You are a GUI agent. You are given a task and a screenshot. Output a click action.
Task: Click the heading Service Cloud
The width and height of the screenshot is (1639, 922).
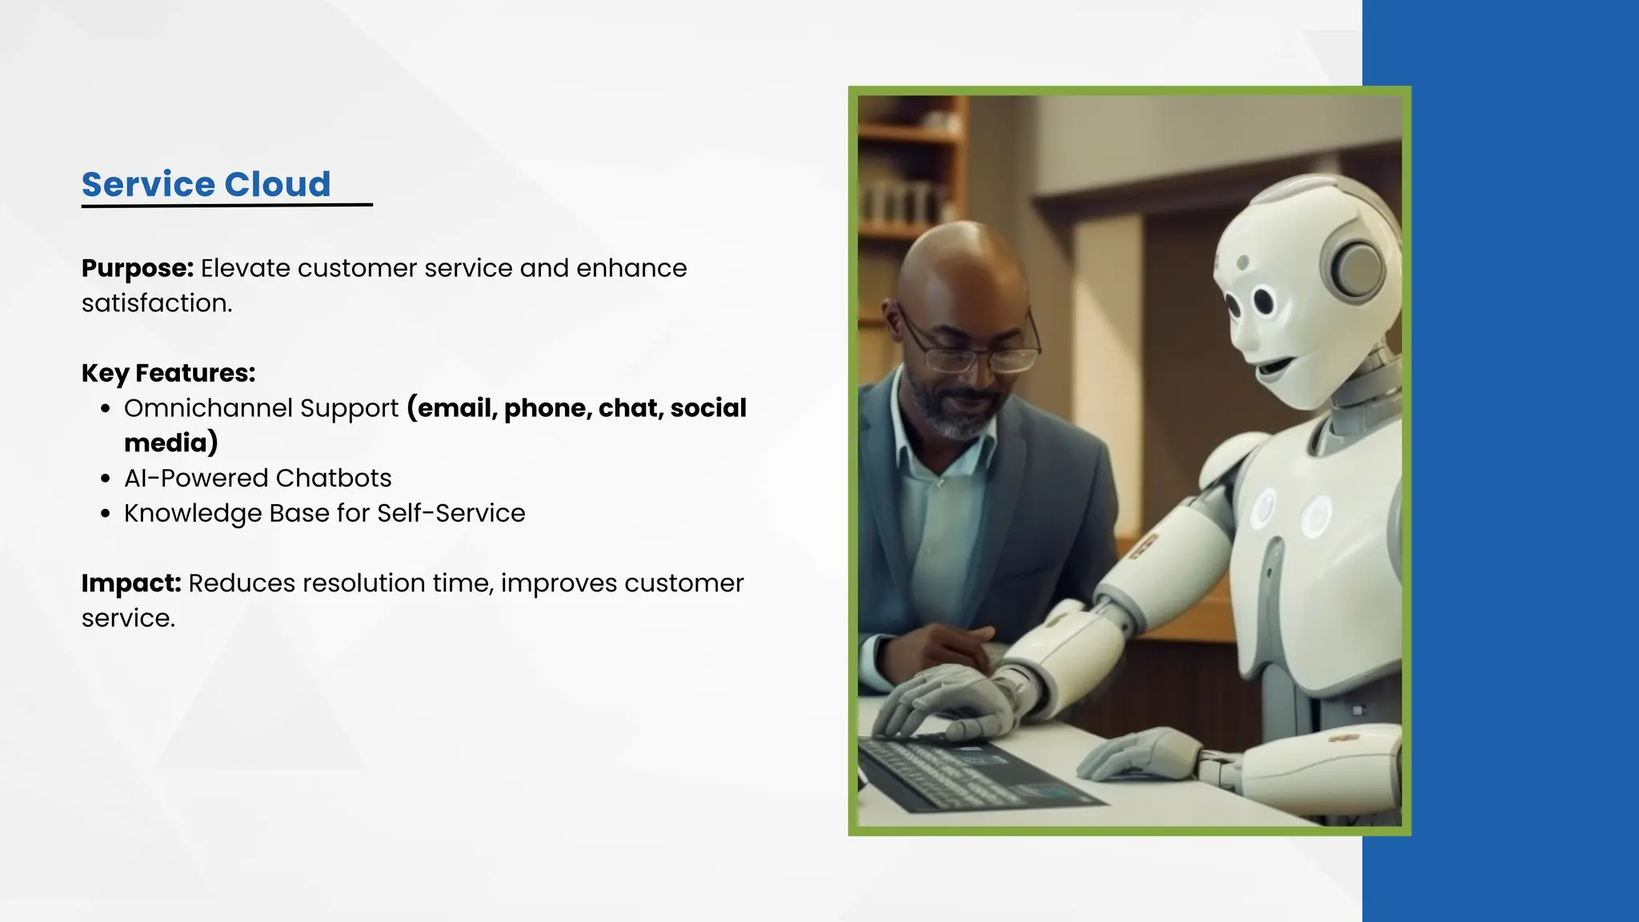tap(206, 184)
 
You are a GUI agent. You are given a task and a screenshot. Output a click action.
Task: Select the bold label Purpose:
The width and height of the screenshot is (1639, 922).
tap(138, 268)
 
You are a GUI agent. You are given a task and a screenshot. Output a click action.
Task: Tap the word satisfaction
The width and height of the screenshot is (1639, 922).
tap(156, 303)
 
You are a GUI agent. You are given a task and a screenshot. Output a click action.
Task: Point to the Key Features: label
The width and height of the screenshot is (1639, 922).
tap(168, 373)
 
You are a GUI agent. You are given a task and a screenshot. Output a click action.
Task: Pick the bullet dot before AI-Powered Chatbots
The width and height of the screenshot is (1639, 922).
tap(106, 479)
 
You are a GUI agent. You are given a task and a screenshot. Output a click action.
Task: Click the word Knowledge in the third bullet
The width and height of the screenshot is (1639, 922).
tap(192, 514)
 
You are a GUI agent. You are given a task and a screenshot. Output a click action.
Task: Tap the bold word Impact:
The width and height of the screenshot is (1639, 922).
tap(131, 583)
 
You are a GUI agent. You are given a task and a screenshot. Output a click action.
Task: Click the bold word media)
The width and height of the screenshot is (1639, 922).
tap(170, 443)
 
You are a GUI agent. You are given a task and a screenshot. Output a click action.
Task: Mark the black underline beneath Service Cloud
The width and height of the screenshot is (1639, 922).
tap(226, 206)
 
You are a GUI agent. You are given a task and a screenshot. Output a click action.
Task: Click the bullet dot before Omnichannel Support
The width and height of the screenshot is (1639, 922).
tap(106, 409)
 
